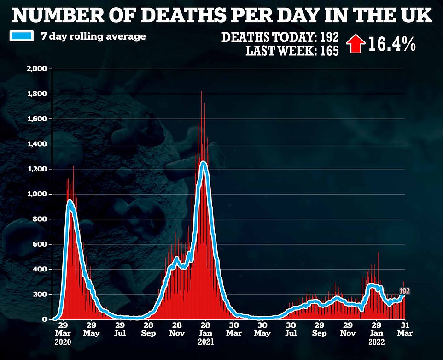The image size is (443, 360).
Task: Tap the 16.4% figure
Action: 392,44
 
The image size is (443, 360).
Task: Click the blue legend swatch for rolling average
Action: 22,36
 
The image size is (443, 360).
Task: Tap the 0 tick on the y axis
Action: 45,319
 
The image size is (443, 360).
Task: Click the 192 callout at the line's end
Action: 404,291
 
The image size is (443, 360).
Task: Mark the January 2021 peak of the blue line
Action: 203,162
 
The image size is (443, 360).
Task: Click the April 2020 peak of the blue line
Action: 70,201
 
